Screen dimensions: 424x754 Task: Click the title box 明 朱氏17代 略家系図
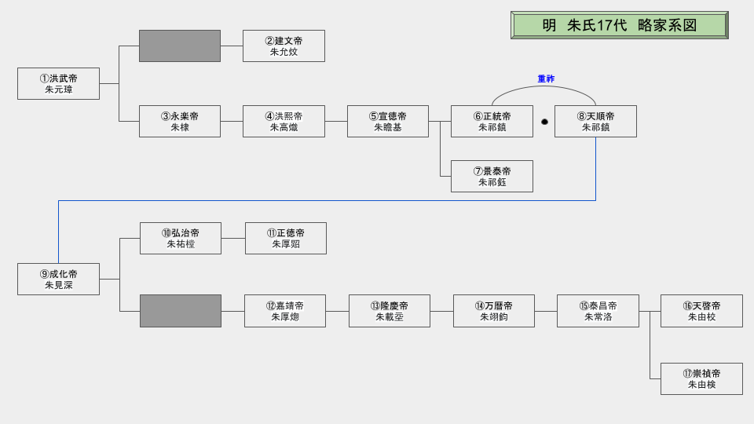click(619, 25)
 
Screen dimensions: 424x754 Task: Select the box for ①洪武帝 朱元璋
click(58, 83)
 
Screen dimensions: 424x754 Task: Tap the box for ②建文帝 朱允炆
click(284, 46)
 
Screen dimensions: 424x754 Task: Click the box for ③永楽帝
click(180, 121)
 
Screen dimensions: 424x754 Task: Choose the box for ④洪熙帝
click(284, 121)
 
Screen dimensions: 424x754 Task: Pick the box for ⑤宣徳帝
click(388, 121)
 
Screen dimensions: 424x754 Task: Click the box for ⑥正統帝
click(492, 121)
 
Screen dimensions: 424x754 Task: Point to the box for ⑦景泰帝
click(492, 176)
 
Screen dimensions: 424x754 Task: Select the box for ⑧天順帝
click(595, 121)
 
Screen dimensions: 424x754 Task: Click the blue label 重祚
click(546, 79)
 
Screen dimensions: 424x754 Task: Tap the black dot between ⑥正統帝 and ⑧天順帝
click(544, 122)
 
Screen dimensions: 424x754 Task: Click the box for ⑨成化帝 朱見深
click(58, 279)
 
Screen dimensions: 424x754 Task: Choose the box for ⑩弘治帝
click(181, 238)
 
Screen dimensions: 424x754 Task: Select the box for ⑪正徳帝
click(286, 238)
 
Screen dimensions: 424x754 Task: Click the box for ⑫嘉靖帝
click(285, 311)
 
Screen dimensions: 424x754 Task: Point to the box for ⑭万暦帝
click(494, 311)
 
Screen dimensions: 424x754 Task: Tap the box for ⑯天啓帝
click(701, 311)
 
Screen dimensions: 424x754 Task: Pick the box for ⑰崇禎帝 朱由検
click(701, 378)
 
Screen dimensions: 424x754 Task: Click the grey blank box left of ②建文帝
click(180, 46)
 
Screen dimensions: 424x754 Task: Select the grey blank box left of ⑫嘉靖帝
click(181, 311)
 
